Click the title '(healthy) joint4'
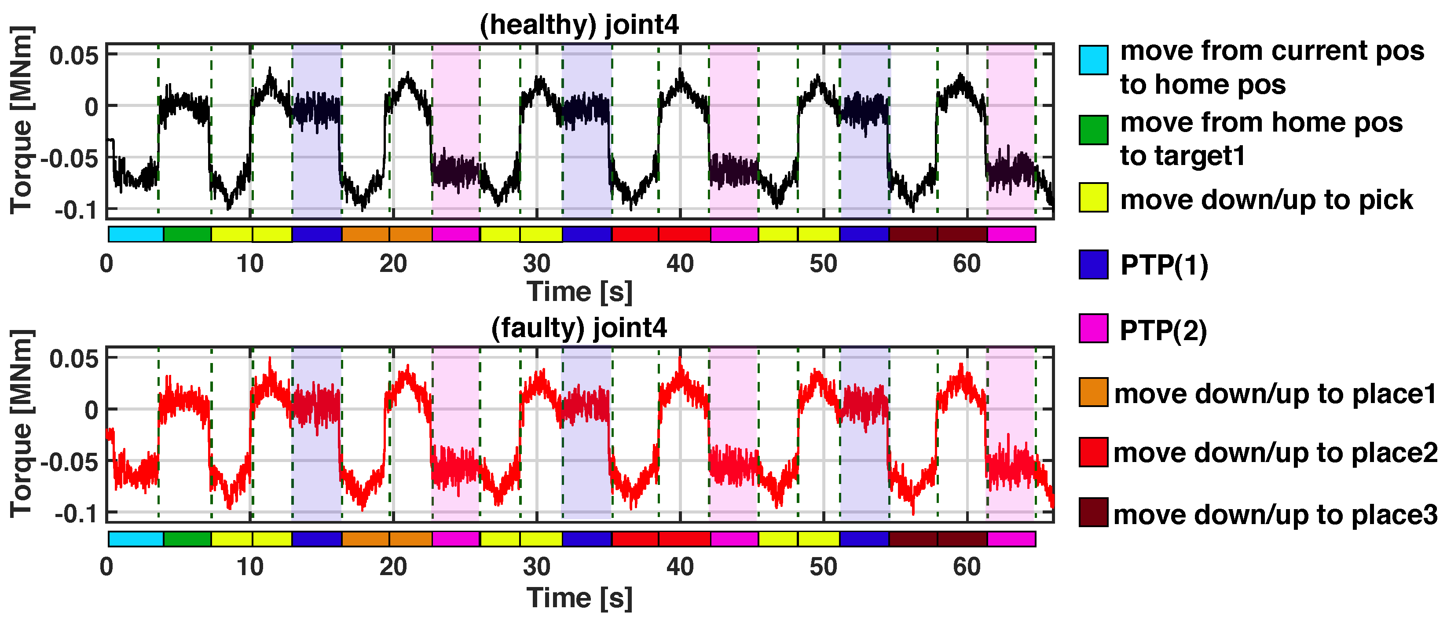click(x=579, y=25)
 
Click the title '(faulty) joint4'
click(x=579, y=328)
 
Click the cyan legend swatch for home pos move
click(x=1093, y=60)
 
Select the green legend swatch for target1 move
click(x=1093, y=130)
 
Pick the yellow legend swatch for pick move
click(x=1093, y=198)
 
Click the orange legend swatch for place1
click(x=1093, y=392)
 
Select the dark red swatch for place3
click(x=1093, y=512)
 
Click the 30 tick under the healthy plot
click(x=536, y=264)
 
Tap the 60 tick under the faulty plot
click(x=967, y=567)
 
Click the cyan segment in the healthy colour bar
click(x=136, y=234)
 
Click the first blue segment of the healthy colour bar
click(x=317, y=234)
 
